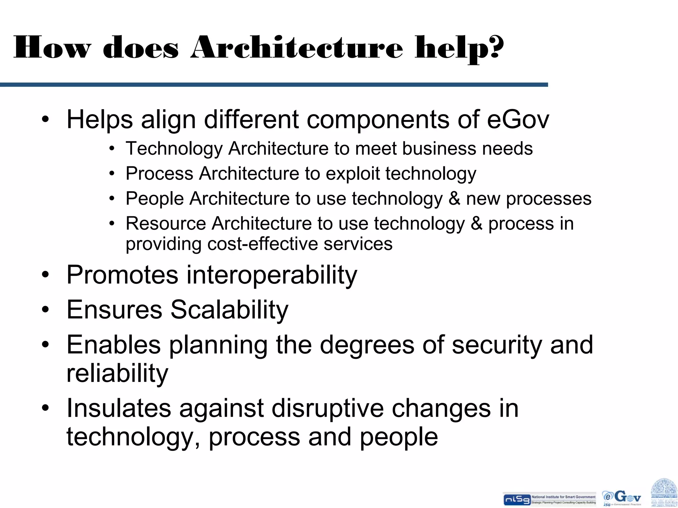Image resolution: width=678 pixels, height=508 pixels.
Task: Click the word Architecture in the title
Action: pos(297,48)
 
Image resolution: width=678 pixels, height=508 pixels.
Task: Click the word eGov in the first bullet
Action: pos(518,119)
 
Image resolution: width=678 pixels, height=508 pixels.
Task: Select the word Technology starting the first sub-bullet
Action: pos(174,149)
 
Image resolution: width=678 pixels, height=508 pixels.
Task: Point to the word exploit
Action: pos(352,174)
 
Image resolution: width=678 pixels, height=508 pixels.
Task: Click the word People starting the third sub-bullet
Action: pos(155,199)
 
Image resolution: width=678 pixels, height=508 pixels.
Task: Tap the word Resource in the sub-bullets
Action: pos(166,224)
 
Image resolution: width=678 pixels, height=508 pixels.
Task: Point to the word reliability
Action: pos(117,373)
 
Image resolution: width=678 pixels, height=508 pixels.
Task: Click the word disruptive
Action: pos(328,408)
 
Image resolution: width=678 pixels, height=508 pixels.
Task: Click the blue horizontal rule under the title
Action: pos(274,85)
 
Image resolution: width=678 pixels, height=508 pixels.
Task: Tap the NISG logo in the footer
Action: pos(516,499)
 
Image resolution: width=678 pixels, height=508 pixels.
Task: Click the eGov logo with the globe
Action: pos(622,497)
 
